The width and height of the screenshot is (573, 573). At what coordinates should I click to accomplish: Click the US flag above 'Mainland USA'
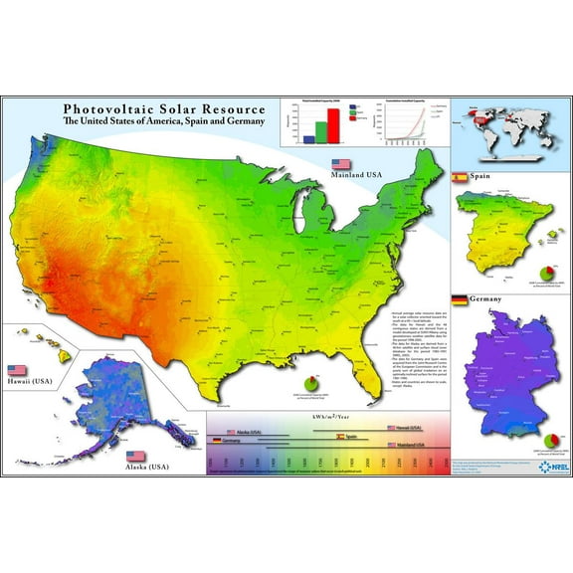coord(341,162)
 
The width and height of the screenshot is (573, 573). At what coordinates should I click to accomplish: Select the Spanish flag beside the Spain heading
coord(460,177)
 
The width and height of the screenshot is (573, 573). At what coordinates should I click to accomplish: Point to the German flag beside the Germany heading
coord(460,299)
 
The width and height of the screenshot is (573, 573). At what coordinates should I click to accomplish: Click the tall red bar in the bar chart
coord(334,124)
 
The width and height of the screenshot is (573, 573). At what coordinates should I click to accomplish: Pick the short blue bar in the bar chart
coord(309,139)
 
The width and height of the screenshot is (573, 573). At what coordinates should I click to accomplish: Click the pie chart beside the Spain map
coord(545,272)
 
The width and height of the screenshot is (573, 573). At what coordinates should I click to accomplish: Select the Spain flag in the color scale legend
coord(340,436)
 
